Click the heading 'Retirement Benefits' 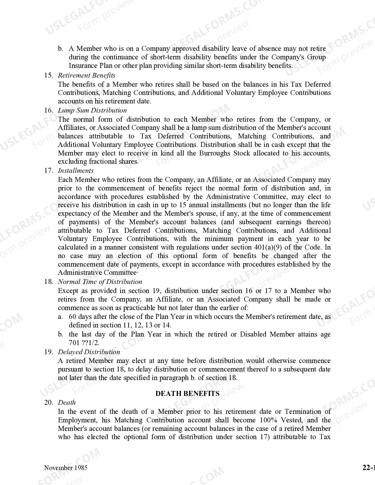86,76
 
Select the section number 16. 49,111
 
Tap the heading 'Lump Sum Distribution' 92,111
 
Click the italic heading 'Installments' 76,171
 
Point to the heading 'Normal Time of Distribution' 100,282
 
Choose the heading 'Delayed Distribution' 89,352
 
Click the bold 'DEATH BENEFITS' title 187,394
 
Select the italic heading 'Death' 67,403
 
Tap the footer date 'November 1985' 66,468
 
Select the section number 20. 49,403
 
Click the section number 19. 49,352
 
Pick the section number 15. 49,76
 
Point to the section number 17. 49,171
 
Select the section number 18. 49,282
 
